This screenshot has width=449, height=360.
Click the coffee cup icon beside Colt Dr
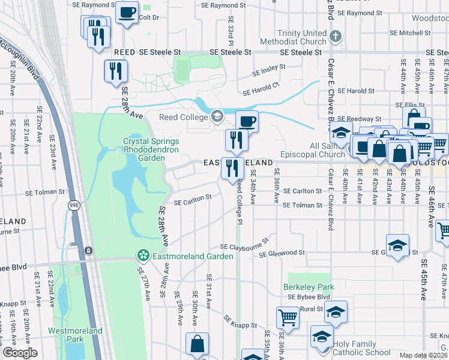coord(127,13)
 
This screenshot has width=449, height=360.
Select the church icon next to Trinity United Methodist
coord(336,37)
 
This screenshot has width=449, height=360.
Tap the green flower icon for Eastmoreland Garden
coord(143,256)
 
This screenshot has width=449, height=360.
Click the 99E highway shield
coord(73,205)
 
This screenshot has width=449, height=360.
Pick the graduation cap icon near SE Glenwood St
coord(397,245)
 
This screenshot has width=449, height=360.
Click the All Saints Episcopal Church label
coord(319,150)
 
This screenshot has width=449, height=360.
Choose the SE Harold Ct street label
coord(261,89)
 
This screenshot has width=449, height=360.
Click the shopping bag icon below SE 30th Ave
coord(197,344)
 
